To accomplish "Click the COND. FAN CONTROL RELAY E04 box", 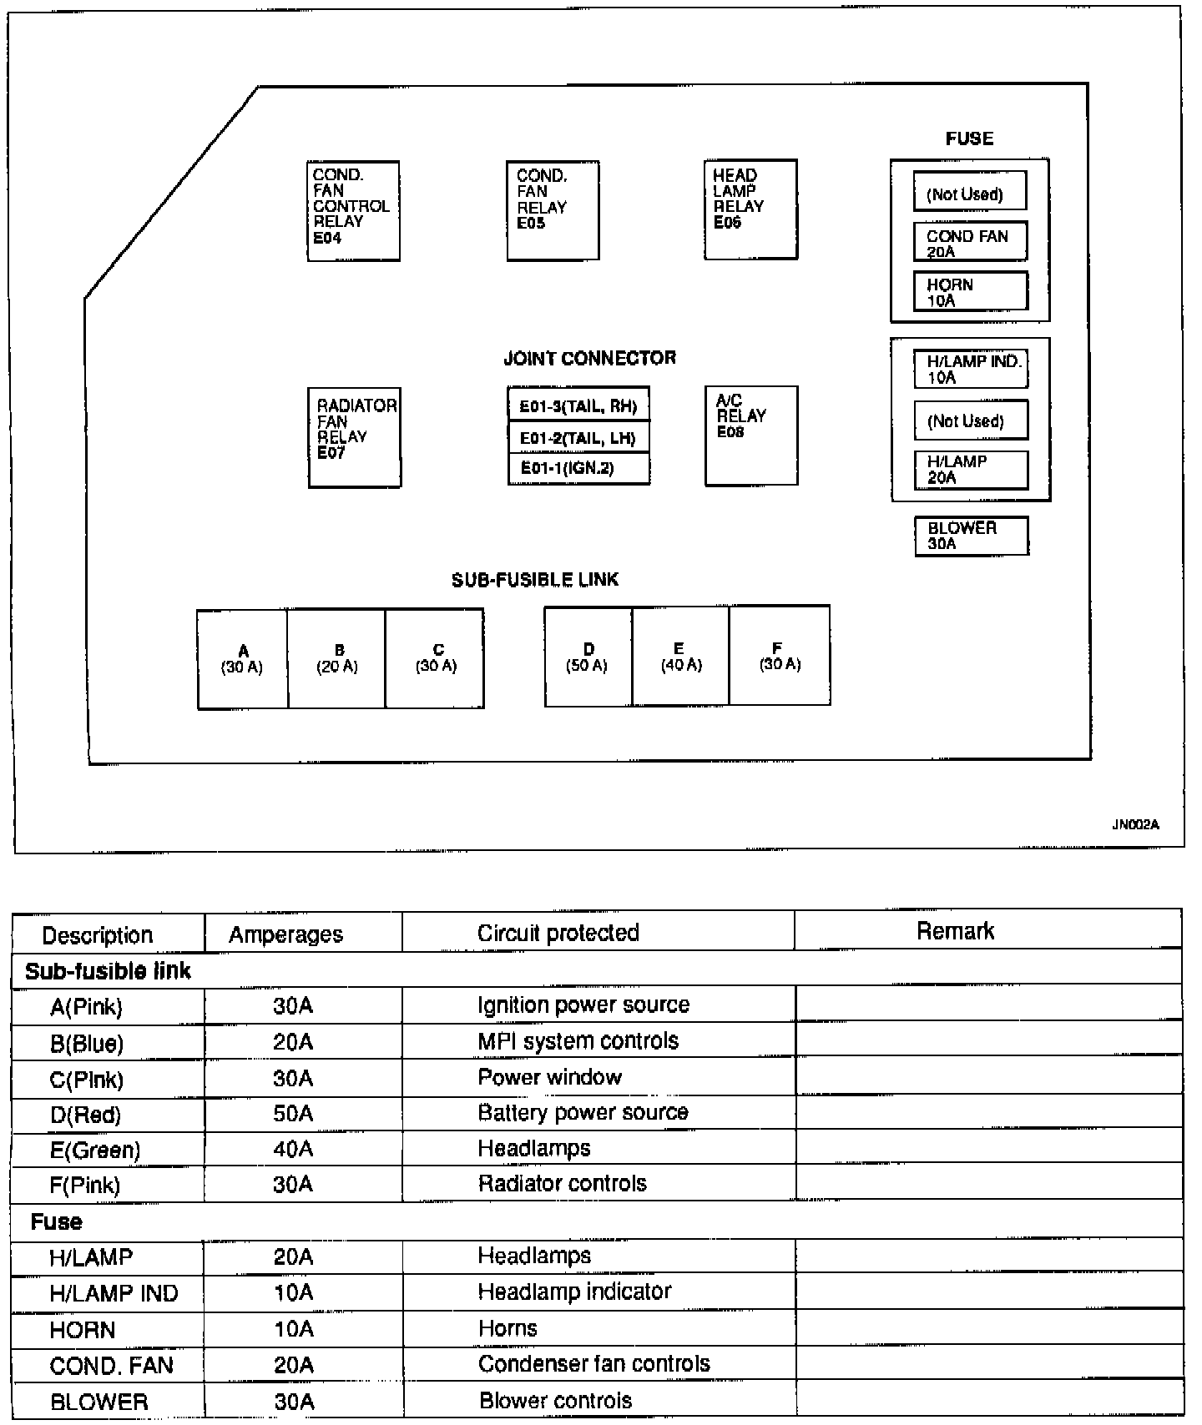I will [353, 210].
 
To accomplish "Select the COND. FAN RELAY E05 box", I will [553, 210].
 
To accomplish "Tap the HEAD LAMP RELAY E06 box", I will [750, 209].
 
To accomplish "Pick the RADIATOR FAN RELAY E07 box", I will [355, 437].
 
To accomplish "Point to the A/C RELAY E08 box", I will [751, 436].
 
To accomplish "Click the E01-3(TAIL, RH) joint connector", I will [578, 406].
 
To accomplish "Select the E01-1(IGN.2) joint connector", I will [578, 468].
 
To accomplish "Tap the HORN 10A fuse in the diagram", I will [970, 292].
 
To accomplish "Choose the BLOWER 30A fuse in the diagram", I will [971, 536].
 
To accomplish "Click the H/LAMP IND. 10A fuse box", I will [971, 370].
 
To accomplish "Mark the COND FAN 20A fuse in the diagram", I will [970, 243].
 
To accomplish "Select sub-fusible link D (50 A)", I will [588, 657].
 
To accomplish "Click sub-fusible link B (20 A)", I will [337, 659].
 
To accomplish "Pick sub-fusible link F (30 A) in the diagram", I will [780, 656].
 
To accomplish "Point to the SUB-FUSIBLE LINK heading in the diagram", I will [535, 580].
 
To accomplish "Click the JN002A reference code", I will [1136, 824].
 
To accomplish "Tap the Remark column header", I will [955, 931].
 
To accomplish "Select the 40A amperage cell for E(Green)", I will [293, 1149].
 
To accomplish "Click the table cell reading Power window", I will [550, 1077].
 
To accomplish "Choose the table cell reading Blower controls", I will [556, 1401].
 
